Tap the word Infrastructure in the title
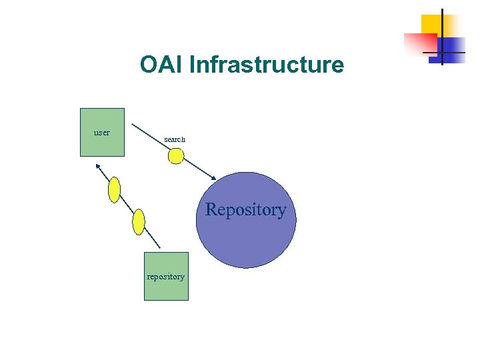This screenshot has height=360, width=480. pyautogui.click(x=267, y=65)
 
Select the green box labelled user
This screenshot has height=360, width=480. pyautogui.click(x=102, y=143)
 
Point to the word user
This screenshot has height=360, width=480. pyautogui.click(x=102, y=133)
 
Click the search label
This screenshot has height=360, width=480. pyautogui.click(x=175, y=139)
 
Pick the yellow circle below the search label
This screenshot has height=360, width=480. pyautogui.click(x=175, y=156)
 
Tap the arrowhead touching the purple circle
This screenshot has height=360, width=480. pyautogui.click(x=213, y=177)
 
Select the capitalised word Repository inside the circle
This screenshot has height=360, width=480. pyautogui.click(x=246, y=210)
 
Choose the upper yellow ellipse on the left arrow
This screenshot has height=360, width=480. pyautogui.click(x=114, y=189)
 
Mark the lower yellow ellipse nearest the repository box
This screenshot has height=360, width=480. pyautogui.click(x=139, y=221)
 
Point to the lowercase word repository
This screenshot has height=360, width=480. pyautogui.click(x=166, y=277)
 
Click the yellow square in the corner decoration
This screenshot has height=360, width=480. pyautogui.click(x=431, y=23)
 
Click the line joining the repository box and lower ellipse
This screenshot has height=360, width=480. pyautogui.click(x=153, y=241)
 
